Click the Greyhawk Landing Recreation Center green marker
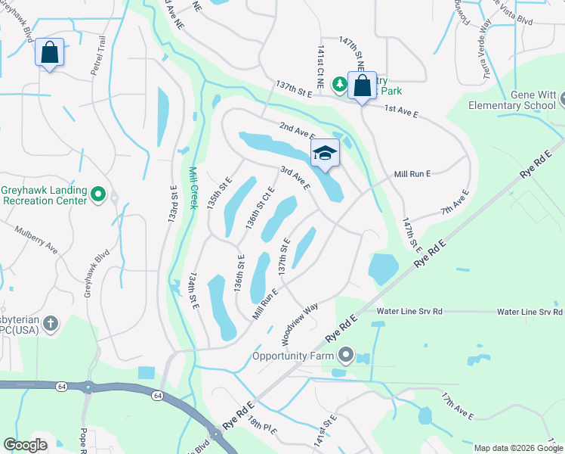pos(97,195)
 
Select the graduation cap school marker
pos(325,153)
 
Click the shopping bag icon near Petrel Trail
pos(49,53)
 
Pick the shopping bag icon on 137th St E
pos(362,85)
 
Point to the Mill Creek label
pos(195,192)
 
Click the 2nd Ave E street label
pos(296,129)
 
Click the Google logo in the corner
pos(25,445)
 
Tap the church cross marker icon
pos(51,324)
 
